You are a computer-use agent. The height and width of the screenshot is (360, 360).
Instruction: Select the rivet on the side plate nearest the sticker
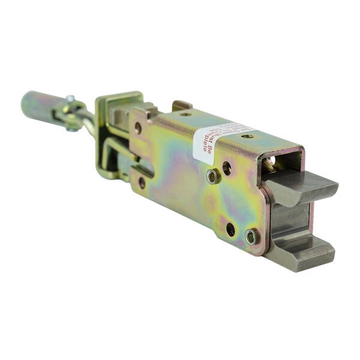point(212,176)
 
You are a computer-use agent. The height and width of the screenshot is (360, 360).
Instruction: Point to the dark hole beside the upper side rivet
point(227,168)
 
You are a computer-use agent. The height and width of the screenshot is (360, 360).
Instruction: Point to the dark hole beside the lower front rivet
point(230,229)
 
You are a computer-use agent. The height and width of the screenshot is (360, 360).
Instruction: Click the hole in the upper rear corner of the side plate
point(137,128)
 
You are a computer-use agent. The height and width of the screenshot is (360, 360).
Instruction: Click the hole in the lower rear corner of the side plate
point(142,182)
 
